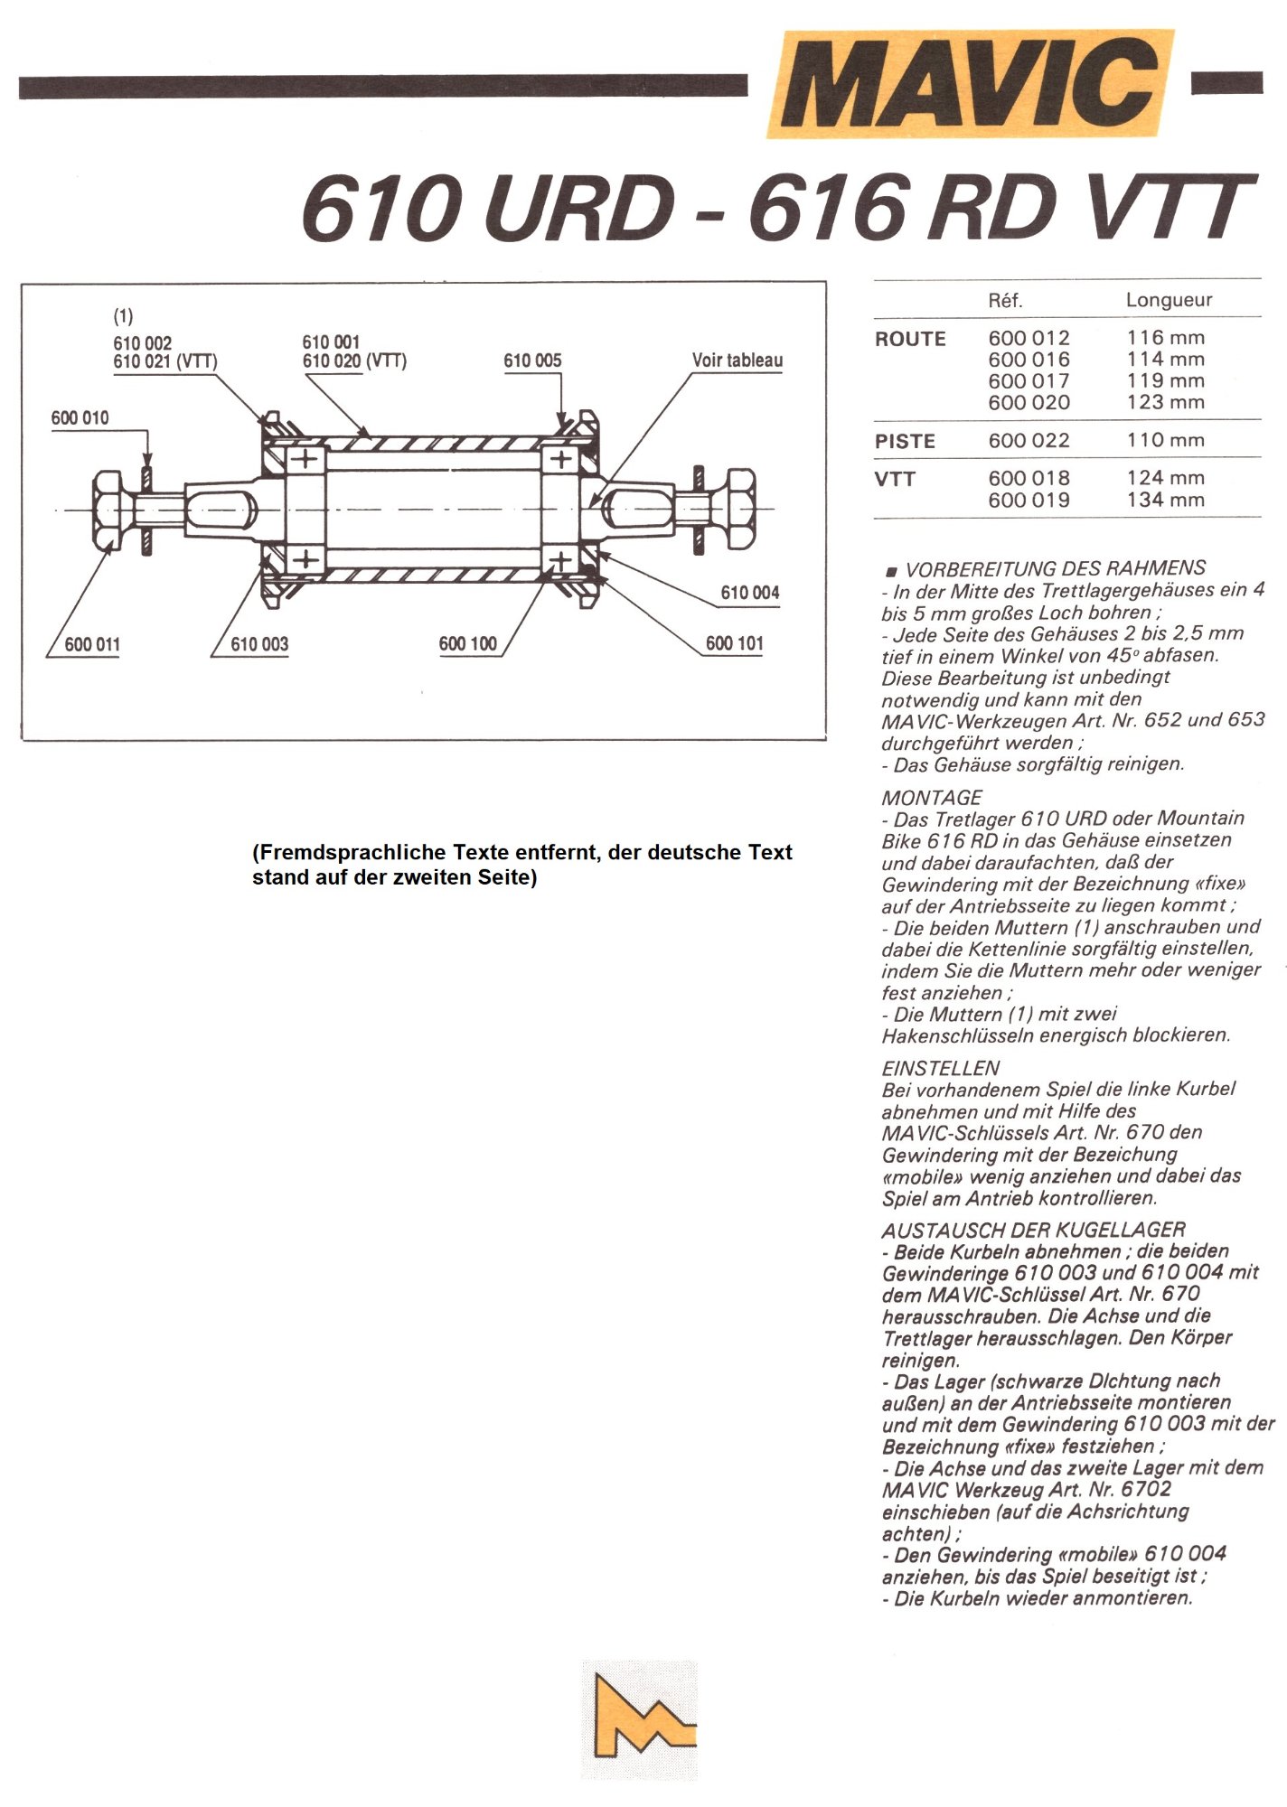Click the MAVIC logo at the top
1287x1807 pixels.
[x=970, y=83]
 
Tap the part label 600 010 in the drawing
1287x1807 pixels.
[x=80, y=418]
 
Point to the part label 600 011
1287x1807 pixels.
[x=91, y=645]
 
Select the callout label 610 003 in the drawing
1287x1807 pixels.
[x=259, y=645]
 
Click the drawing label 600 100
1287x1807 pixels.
[x=467, y=644]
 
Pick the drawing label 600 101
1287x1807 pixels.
[x=734, y=644]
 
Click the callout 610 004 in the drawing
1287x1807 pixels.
[x=749, y=593]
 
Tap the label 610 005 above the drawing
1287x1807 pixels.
[x=532, y=360]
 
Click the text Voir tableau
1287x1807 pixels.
[x=737, y=360]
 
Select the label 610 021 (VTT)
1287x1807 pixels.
[x=165, y=362]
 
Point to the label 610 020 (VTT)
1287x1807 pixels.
[x=354, y=361]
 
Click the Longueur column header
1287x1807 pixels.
[x=1168, y=300]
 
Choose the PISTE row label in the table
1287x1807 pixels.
[x=905, y=442]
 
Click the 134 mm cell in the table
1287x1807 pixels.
[x=1165, y=501]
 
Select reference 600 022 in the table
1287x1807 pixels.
[x=1029, y=441]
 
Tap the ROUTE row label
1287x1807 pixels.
[x=910, y=339]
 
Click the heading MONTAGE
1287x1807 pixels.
[x=931, y=798]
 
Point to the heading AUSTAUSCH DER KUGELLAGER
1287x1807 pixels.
[x=1033, y=1230]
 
